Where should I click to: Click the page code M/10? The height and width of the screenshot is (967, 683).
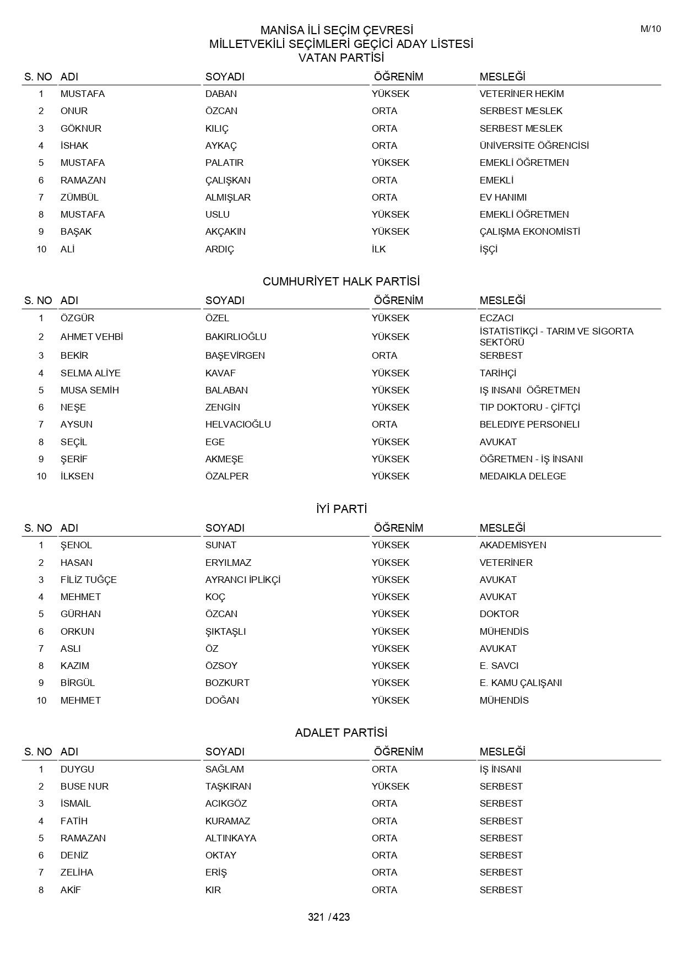click(651, 29)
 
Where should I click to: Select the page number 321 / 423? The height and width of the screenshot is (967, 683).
click(329, 917)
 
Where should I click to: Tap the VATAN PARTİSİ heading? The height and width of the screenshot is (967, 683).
click(341, 57)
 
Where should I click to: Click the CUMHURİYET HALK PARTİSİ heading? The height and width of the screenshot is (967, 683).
click(341, 282)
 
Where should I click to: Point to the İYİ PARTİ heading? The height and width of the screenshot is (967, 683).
click(341, 509)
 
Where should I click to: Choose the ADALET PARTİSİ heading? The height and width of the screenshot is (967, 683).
click(341, 733)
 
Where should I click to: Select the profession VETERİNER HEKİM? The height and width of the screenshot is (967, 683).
click(521, 94)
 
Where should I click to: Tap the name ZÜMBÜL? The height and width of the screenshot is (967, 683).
click(79, 197)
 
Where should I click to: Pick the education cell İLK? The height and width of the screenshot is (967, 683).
click(378, 249)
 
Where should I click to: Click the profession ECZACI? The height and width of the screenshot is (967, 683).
click(496, 318)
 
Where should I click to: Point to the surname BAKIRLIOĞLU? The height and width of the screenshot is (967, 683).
click(236, 337)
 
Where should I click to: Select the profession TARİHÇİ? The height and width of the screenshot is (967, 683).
click(497, 373)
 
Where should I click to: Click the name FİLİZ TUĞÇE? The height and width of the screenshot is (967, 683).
click(88, 580)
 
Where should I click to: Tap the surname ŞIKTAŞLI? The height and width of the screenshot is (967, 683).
click(225, 631)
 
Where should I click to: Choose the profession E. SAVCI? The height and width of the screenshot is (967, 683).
click(498, 666)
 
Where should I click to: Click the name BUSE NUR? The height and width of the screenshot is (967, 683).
click(84, 786)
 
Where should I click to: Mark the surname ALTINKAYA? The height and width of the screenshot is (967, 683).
click(230, 838)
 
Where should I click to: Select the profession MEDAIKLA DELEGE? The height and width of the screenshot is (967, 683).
click(522, 476)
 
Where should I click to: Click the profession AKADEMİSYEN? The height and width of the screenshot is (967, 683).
click(512, 545)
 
